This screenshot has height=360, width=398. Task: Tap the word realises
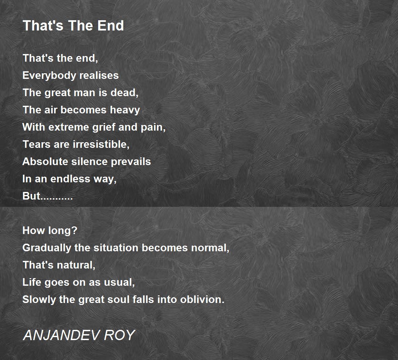(99, 75)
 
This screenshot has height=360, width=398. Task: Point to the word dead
(123, 92)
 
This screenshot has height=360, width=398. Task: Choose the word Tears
(36, 145)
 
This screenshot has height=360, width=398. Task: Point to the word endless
(70, 179)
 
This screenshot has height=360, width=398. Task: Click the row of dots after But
(56, 199)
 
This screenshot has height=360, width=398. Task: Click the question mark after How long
(74, 231)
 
